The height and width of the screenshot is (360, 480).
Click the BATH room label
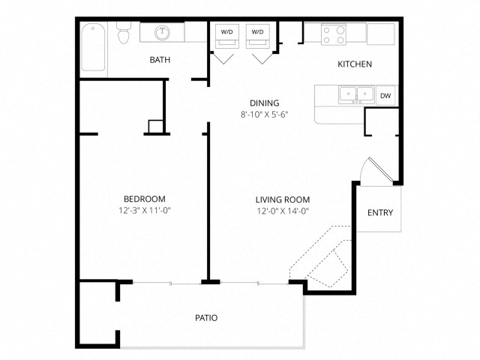(160, 60)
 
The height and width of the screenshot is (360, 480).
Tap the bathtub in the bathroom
(93, 47)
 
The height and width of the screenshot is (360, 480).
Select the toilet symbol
(124, 32)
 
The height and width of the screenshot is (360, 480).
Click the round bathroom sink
(162, 33)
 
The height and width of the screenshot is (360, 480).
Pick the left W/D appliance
(226, 36)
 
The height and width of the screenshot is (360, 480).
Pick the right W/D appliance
(258, 36)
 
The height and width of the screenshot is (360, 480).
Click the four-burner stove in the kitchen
(334, 34)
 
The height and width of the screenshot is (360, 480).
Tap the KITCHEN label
(355, 64)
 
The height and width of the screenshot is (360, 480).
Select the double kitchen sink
(356, 95)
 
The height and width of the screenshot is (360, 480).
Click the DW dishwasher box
(385, 95)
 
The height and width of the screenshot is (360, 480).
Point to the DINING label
(265, 103)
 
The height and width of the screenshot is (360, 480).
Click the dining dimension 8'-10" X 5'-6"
(265, 115)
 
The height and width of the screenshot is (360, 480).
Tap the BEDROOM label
(145, 199)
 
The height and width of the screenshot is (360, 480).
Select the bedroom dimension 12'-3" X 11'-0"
(145, 211)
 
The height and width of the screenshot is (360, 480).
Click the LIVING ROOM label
(283, 200)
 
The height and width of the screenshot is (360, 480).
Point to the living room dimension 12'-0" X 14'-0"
(283, 211)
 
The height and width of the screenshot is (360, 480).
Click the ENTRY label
(380, 213)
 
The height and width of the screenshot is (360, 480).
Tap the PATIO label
(206, 318)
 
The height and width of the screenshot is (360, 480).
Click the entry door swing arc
(362, 169)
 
